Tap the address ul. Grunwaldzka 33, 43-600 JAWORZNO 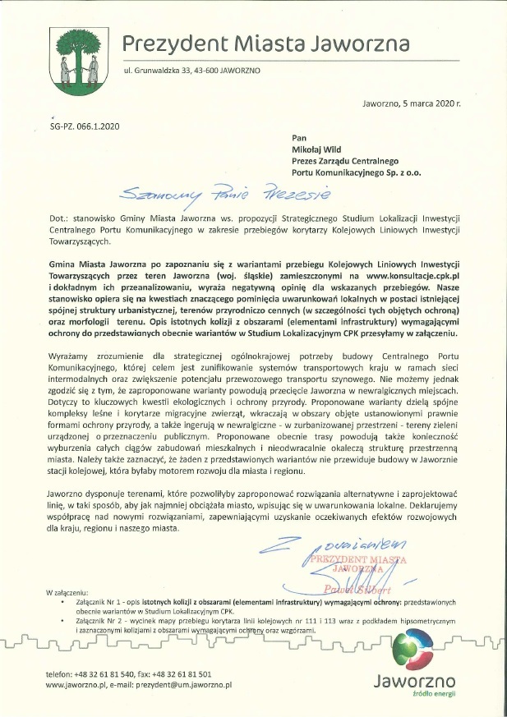pyautogui.click(x=191, y=71)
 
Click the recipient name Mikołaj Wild pyautogui.click(x=320, y=151)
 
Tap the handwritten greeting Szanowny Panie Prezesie pyautogui.click(x=223, y=195)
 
